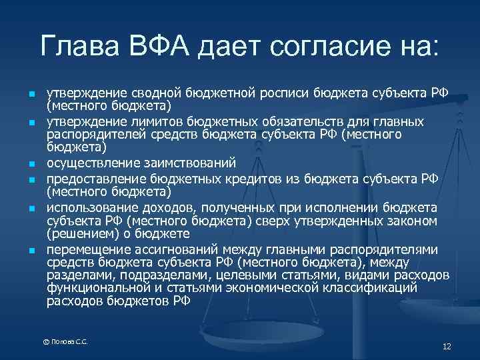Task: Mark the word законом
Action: (x=411, y=221)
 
